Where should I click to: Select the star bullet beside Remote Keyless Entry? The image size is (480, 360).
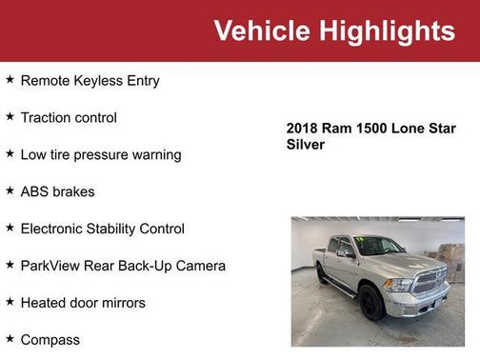coord(10,80)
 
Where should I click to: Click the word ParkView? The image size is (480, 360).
coord(51,266)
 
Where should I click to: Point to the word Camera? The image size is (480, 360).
coord(198,266)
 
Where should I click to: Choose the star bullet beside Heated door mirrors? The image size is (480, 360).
coord(10,302)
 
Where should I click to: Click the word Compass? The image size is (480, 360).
coord(50,340)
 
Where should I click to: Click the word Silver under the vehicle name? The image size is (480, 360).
coord(306,145)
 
